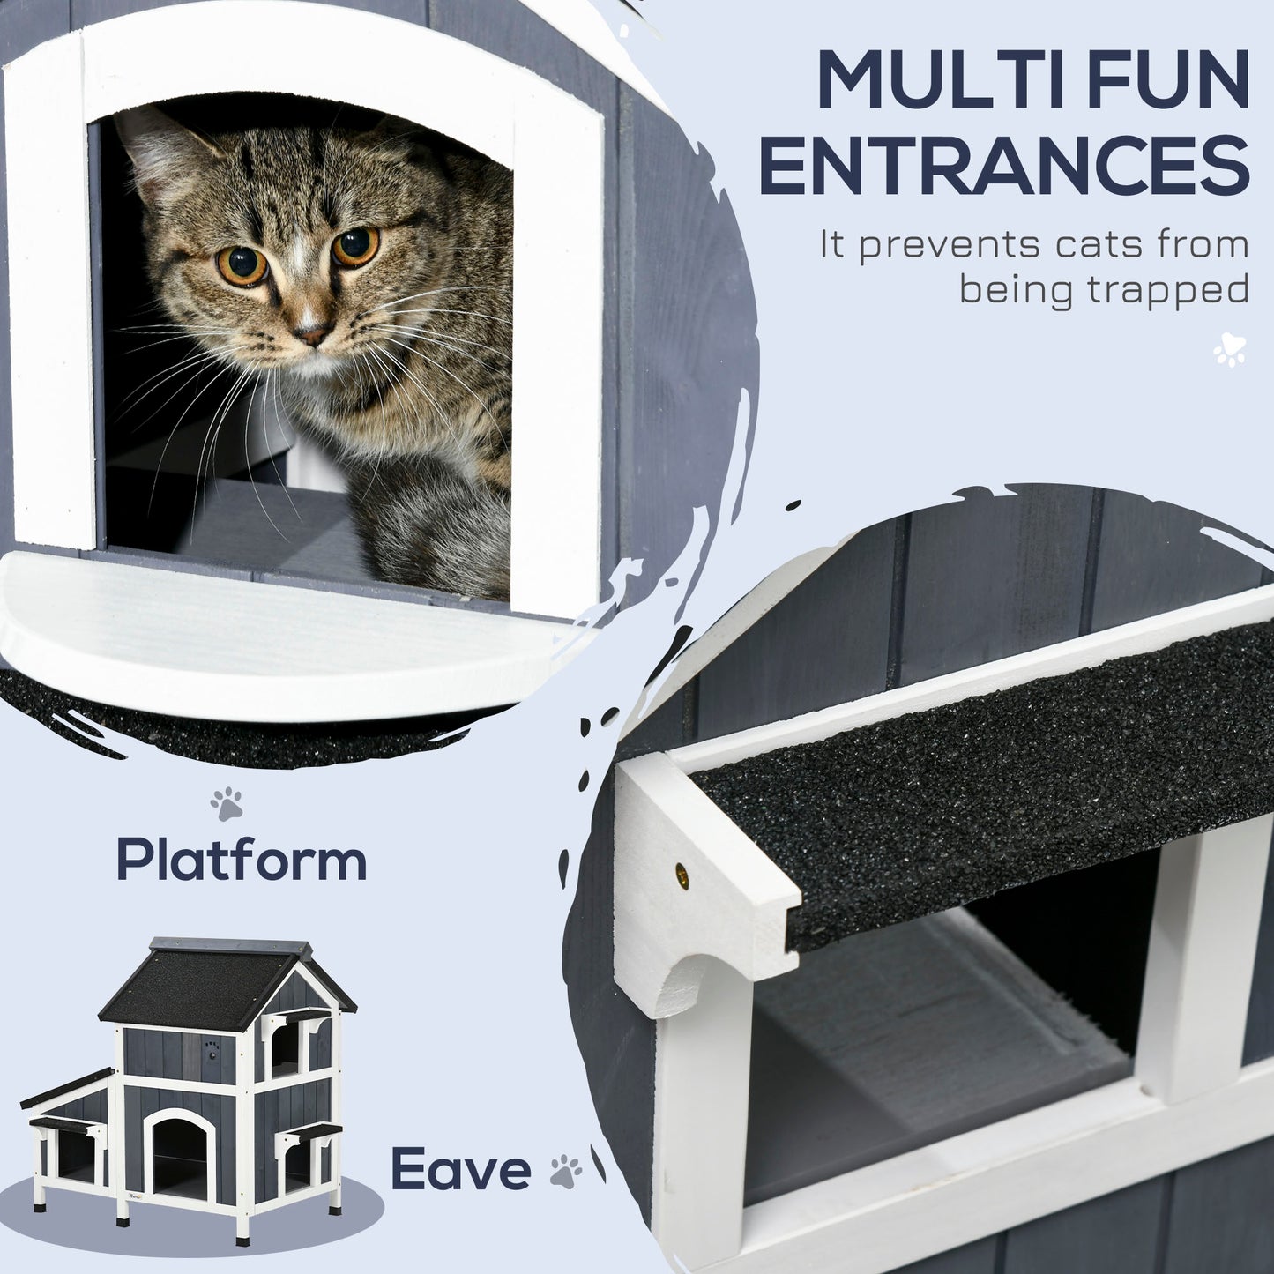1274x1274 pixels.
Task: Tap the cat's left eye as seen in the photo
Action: pos(242,264)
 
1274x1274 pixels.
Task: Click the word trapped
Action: pos(1167,288)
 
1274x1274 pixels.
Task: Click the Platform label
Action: pos(242,860)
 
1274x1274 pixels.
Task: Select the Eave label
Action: pos(460,1169)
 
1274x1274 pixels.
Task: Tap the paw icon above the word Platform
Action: pos(227,803)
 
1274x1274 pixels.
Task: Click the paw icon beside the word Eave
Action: pos(565,1172)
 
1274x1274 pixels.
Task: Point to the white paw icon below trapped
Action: pos(1229,350)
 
